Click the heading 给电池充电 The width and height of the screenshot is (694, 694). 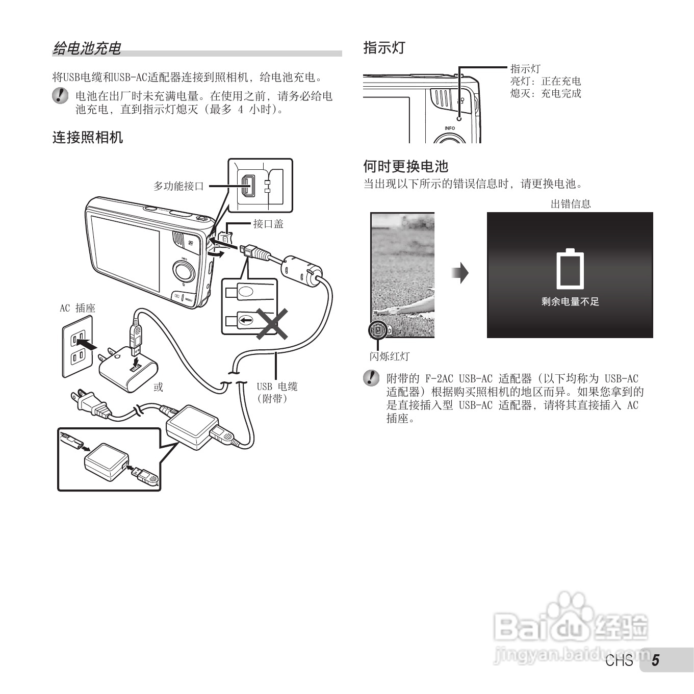87,48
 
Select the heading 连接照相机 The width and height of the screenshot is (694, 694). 88,137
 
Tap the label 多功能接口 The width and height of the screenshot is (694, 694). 178,186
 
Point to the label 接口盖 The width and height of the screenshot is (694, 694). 268,224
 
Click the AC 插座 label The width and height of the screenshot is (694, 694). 78,308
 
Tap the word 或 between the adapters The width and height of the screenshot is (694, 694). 159,387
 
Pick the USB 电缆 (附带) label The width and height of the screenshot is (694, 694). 277,393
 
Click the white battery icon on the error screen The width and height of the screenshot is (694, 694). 570,269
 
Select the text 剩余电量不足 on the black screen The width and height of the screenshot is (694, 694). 570,302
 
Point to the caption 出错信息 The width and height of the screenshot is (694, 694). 571,204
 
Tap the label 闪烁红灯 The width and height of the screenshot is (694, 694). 390,356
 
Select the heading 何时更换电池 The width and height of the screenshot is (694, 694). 405,166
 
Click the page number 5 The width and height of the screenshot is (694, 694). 655,660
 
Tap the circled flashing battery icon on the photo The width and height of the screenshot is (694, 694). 378,330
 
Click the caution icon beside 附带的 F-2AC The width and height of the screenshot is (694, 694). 371,378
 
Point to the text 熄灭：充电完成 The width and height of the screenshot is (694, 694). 546,93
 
